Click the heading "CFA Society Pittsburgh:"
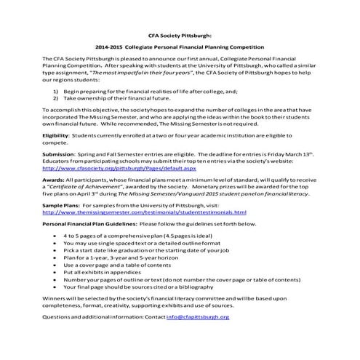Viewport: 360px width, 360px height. [x=179, y=33]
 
